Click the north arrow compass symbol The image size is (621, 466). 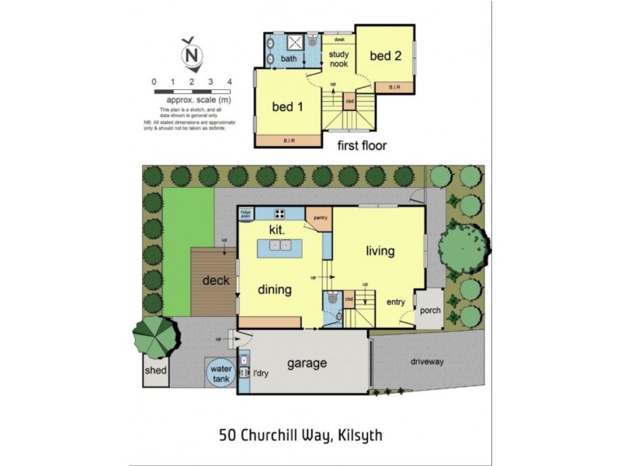pyautogui.click(x=190, y=54)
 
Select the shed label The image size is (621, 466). pyautogui.click(x=155, y=371)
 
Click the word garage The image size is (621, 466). pyautogui.click(x=307, y=363)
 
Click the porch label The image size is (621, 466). pyautogui.click(x=429, y=311)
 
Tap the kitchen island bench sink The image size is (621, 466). pyautogui.click(x=282, y=247)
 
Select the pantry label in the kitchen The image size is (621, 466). pyautogui.click(x=321, y=217)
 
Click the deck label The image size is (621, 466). pyautogui.click(x=216, y=280)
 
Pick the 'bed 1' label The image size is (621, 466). pyautogui.click(x=286, y=107)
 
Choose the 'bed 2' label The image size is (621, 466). pyautogui.click(x=384, y=56)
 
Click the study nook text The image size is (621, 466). pyautogui.click(x=338, y=59)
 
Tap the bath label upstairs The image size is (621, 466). pyautogui.click(x=289, y=58)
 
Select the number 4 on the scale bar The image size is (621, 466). pyautogui.click(x=229, y=82)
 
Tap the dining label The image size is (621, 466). pyautogui.click(x=275, y=290)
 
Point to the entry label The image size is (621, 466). pyautogui.click(x=396, y=302)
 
